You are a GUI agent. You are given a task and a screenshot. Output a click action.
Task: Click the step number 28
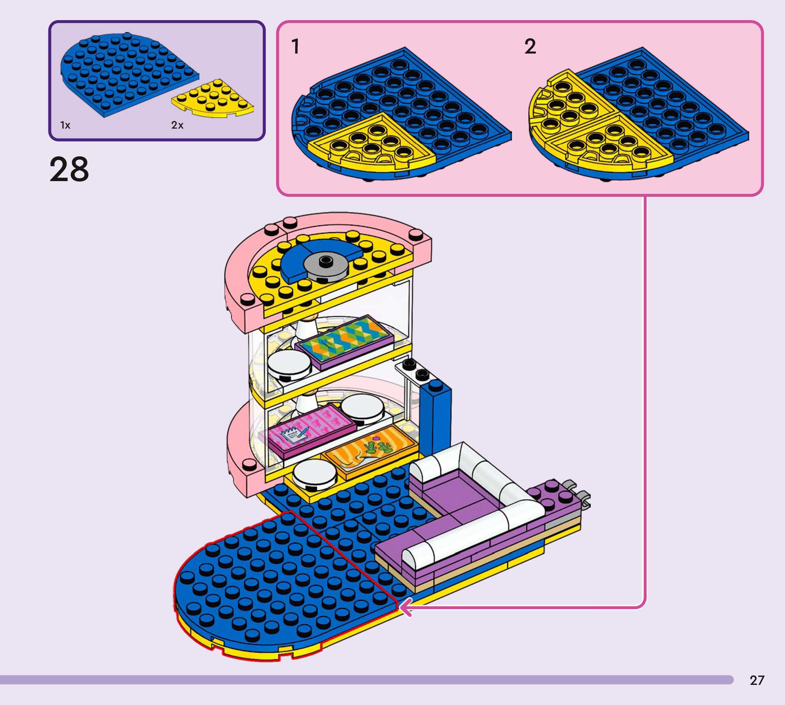pyautogui.click(x=69, y=169)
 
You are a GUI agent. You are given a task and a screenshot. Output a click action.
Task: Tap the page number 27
pyautogui.click(x=757, y=680)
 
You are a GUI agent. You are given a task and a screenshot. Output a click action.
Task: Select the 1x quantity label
pyautogui.click(x=65, y=125)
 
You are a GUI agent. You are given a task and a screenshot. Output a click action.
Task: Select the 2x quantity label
pyautogui.click(x=177, y=125)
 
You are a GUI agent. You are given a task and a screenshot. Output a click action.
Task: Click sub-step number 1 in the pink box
pyautogui.click(x=295, y=46)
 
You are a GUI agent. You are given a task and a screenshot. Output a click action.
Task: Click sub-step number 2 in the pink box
pyautogui.click(x=530, y=46)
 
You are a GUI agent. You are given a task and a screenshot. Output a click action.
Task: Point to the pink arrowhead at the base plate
pyautogui.click(x=405, y=607)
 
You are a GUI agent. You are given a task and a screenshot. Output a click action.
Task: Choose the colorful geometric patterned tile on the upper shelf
pyautogui.click(x=345, y=340)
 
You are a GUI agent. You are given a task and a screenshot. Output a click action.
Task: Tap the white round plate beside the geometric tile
pyautogui.click(x=289, y=365)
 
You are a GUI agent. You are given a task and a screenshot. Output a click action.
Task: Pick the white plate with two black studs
pyautogui.click(x=414, y=371)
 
